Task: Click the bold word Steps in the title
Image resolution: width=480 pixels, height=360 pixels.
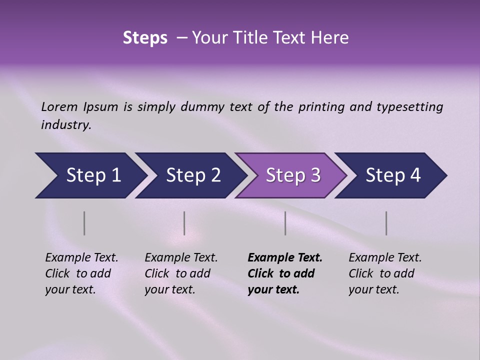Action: tap(145, 38)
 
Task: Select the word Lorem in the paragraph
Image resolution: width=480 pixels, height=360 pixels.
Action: tap(59, 107)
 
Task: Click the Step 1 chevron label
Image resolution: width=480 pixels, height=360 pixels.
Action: tap(93, 175)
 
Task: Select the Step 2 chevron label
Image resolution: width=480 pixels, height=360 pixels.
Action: tap(193, 175)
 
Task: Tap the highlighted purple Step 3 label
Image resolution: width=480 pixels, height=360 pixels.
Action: tap(293, 175)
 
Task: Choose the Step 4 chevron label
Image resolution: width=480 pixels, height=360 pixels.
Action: tap(393, 175)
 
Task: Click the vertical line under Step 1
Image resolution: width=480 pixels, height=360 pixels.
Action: tap(84, 223)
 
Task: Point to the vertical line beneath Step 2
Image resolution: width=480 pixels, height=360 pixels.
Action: tap(184, 223)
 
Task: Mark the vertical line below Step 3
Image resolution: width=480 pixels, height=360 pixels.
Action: tap(285, 223)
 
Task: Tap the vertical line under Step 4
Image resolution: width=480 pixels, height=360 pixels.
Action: tap(386, 223)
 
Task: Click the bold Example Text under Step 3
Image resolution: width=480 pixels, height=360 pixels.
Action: tap(285, 258)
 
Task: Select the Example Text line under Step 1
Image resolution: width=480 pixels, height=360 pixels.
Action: tap(81, 258)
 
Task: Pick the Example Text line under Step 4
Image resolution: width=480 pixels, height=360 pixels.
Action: tap(385, 258)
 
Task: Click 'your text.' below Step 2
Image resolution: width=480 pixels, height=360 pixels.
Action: tap(169, 290)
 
